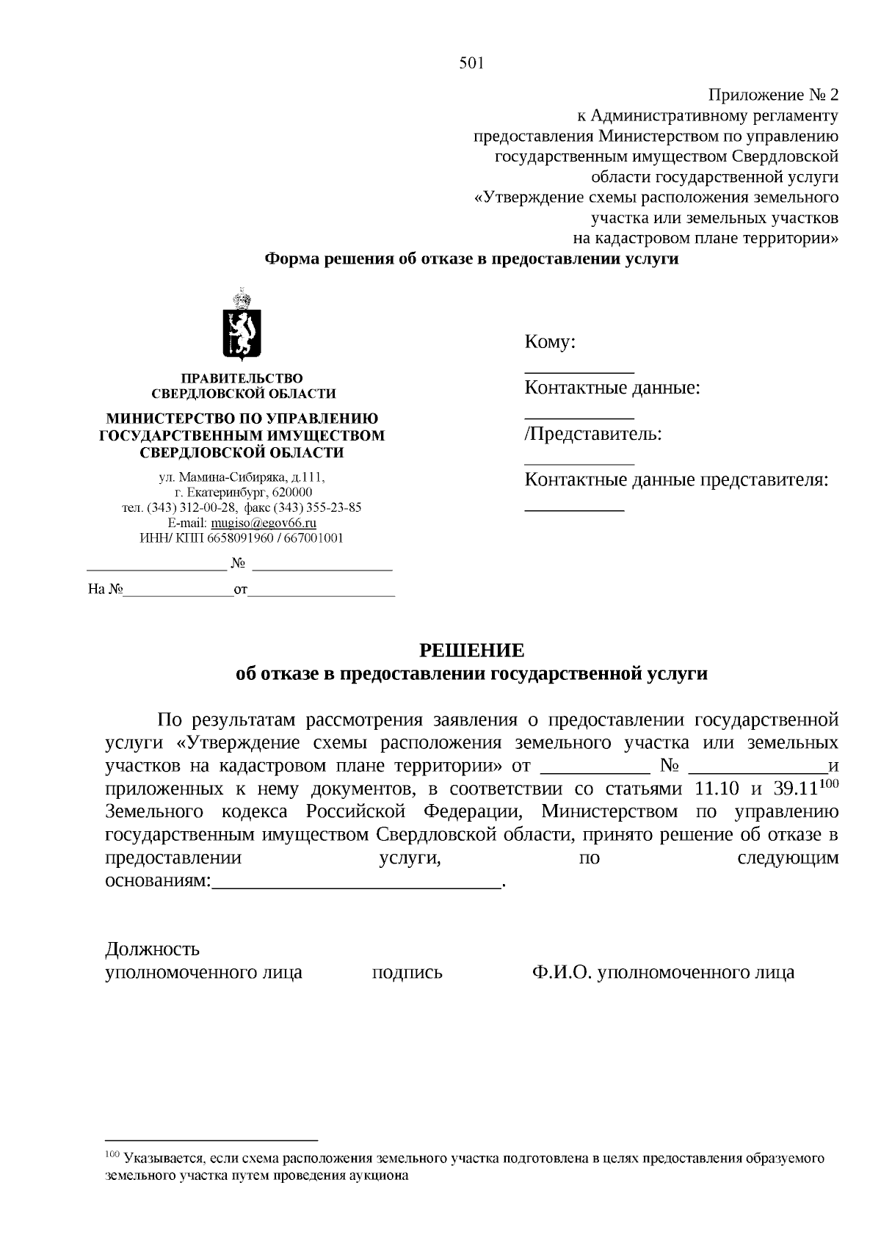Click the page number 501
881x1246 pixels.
(471, 64)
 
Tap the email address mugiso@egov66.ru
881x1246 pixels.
(264, 523)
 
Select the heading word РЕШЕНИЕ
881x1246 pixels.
(471, 651)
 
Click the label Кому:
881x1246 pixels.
(550, 342)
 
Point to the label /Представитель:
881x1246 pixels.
(593, 434)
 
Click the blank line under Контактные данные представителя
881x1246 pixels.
(574, 509)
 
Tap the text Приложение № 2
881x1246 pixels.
(772, 95)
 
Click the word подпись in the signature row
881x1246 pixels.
(407, 973)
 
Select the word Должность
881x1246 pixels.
(153, 949)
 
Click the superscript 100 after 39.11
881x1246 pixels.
(829, 783)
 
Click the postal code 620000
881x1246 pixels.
(292, 492)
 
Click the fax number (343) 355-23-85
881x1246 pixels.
(317, 507)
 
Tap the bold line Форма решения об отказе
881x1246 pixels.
(471, 259)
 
